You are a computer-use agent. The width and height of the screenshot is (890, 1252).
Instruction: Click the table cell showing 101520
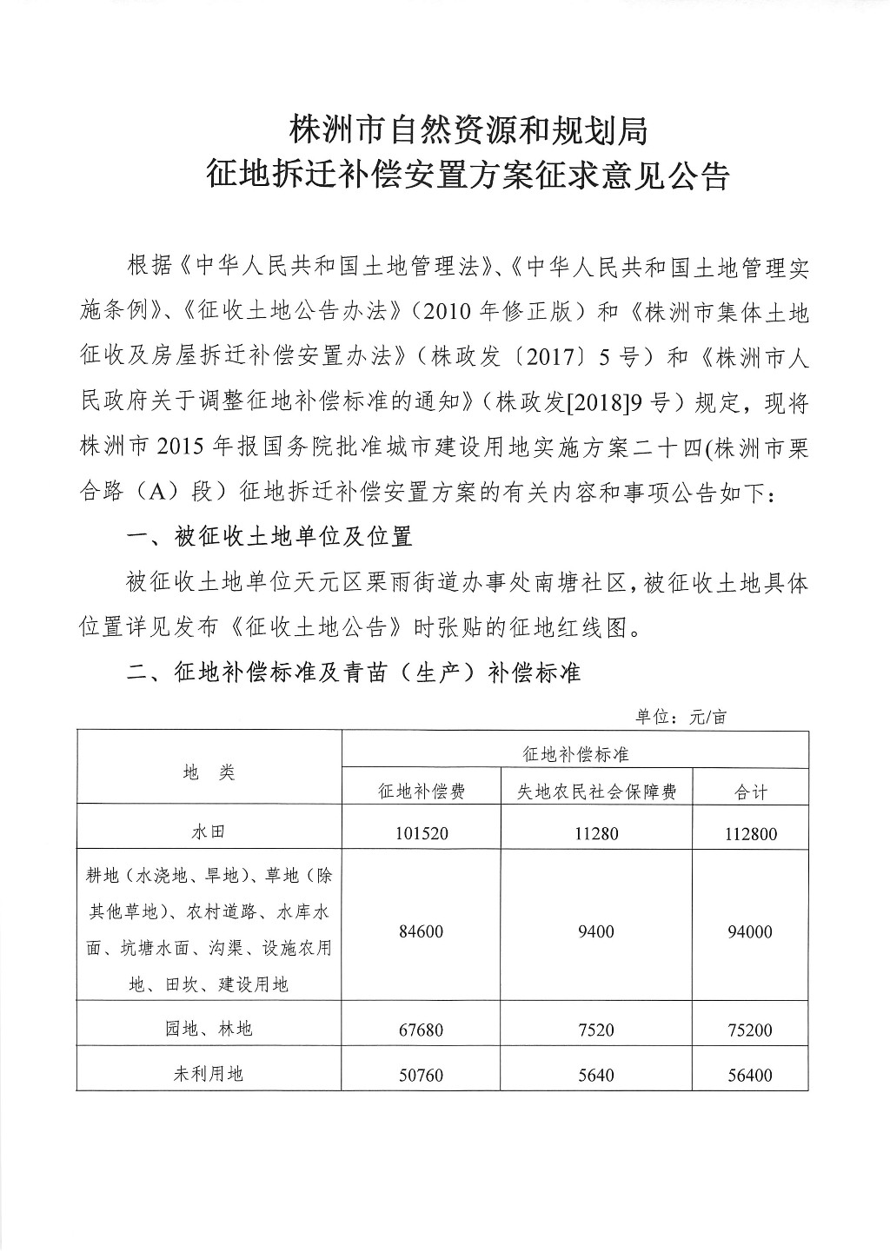click(422, 833)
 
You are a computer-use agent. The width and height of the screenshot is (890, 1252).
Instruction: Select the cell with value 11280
click(595, 833)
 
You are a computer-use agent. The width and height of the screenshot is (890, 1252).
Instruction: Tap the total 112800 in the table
click(750, 834)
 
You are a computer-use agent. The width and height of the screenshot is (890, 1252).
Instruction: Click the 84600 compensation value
click(422, 931)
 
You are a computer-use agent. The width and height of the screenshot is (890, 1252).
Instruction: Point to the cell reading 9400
click(595, 931)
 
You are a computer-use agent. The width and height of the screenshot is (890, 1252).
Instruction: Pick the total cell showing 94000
click(750, 932)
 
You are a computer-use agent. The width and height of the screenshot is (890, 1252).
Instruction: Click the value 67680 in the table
click(422, 1030)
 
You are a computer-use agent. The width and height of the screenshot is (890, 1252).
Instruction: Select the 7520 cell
click(595, 1030)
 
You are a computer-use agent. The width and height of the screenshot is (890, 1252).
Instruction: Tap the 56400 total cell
click(750, 1076)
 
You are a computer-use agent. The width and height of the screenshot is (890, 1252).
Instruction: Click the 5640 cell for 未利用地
click(595, 1076)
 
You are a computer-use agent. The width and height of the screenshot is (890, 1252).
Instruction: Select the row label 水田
click(209, 831)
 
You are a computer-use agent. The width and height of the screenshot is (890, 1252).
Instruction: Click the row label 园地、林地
click(209, 1029)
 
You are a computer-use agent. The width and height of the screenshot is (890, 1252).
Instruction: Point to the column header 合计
click(750, 791)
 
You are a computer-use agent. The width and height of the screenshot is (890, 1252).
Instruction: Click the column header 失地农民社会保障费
click(596, 791)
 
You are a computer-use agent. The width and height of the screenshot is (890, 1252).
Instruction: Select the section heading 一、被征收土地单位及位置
click(269, 536)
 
